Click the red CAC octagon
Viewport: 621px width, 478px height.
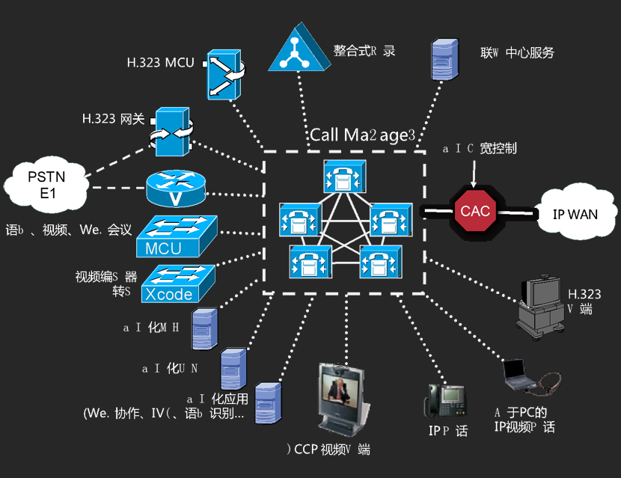[475, 211]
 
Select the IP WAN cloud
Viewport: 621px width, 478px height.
[575, 214]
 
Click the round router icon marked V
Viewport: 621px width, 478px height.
[175, 189]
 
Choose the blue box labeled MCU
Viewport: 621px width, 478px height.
[176, 236]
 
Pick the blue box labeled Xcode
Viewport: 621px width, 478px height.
[177, 284]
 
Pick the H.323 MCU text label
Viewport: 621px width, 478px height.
[159, 63]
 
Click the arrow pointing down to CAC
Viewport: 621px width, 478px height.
[472, 174]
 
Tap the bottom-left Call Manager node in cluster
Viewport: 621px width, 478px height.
[309, 262]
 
